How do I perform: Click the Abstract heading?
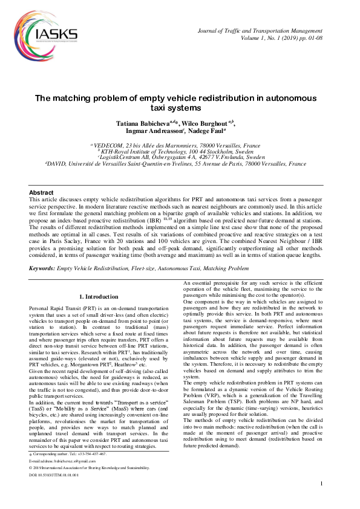[x=42, y=192]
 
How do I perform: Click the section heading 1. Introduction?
[x=99, y=297]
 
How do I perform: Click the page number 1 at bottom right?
[x=322, y=501]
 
